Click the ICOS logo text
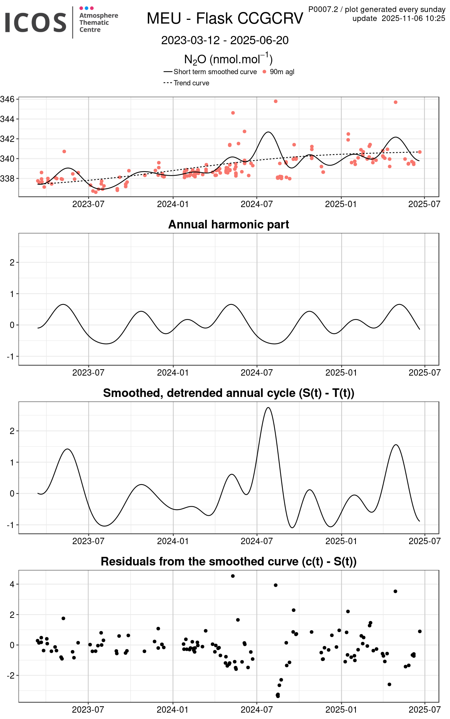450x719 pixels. pos(36,22)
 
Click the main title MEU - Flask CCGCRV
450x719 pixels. pos(225,18)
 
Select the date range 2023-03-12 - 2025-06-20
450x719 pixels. pos(225,40)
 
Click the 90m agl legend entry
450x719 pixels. pos(282,72)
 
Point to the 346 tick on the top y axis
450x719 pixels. pos(7,99)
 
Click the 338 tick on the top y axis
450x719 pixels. pos(7,179)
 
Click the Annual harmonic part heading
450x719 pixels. pos(228,224)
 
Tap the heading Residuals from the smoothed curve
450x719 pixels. pos(228,561)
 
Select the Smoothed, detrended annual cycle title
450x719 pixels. pos(228,393)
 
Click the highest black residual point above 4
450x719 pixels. pos(233,576)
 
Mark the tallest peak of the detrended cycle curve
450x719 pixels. pos(268,407)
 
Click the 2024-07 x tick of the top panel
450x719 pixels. pos(256,204)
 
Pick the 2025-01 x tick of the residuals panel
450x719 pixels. pos(341,710)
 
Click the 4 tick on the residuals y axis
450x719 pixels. pos(12,584)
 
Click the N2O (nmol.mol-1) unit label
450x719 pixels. pos(228,59)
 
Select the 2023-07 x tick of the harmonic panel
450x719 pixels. pos(88,373)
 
